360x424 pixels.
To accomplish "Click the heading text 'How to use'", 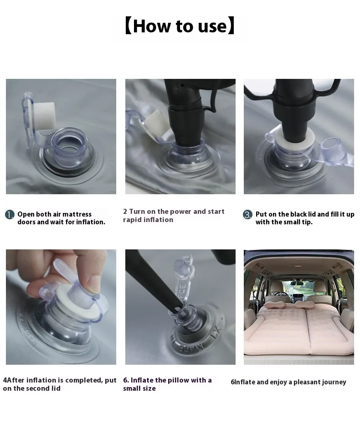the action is point(180,26).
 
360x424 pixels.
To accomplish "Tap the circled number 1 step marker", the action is point(10,215).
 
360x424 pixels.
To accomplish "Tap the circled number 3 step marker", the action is point(247,215).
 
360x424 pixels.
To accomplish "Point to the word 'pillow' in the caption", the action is point(178,380).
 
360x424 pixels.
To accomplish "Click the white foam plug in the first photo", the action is point(44,116).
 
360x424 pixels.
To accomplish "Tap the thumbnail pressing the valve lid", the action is point(93,284).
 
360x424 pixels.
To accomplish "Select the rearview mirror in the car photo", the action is point(297,284).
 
